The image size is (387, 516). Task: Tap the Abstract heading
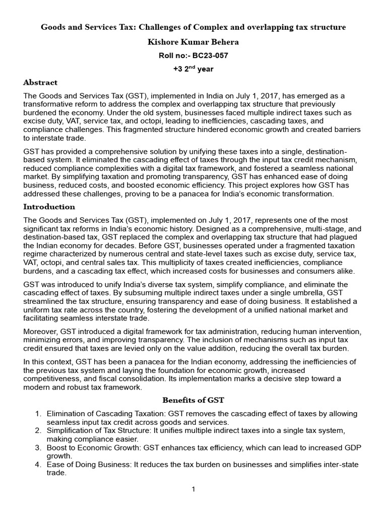tap(40, 82)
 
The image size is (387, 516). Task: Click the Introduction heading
tap(49, 207)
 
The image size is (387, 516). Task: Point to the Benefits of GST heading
tap(193, 400)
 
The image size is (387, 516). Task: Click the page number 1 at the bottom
tap(193, 489)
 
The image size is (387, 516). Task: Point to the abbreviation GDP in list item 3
tap(349, 447)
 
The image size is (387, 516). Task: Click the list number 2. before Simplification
tap(38, 430)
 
